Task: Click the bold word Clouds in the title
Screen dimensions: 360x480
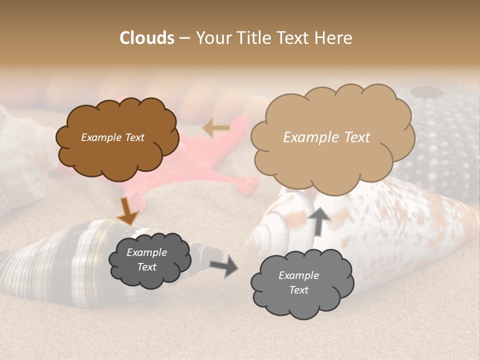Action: tap(147, 38)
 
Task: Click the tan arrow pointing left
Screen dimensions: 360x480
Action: tap(216, 128)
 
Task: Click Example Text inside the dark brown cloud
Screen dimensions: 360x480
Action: tap(112, 137)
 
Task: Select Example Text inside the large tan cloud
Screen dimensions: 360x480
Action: tap(326, 137)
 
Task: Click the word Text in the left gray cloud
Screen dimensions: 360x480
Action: tap(146, 267)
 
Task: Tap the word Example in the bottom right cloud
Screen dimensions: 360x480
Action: tap(298, 275)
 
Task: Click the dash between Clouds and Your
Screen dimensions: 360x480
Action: tap(184, 38)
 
